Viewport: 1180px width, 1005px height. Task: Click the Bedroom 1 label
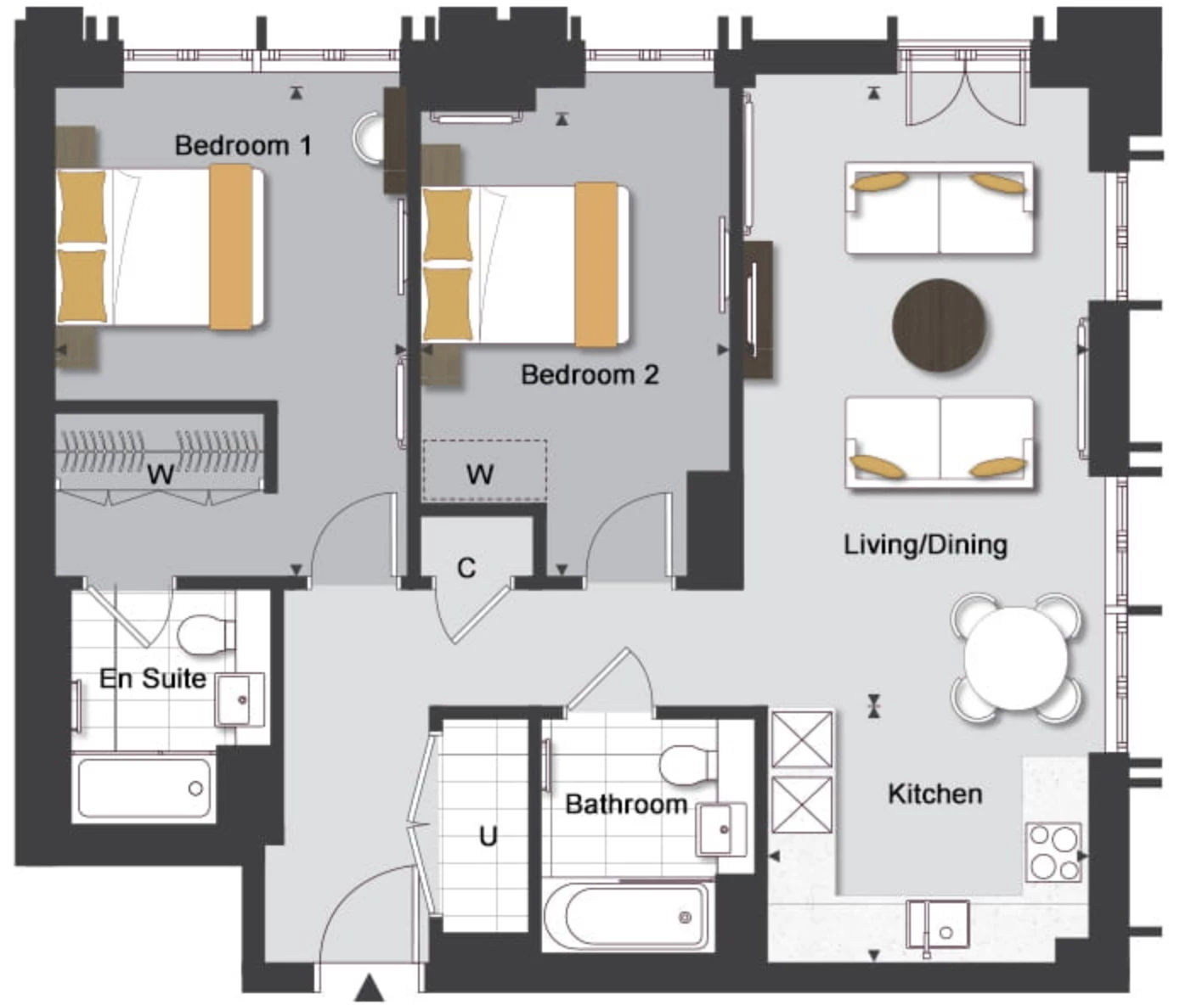tap(243, 145)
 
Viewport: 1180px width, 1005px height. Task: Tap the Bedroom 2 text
tap(590, 374)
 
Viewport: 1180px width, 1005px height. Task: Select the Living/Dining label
tap(925, 545)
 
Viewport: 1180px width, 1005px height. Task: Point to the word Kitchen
tap(935, 794)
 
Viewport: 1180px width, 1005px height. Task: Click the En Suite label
tap(152, 678)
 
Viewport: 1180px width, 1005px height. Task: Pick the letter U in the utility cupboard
tap(488, 837)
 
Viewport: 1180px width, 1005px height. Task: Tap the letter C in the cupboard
tap(466, 568)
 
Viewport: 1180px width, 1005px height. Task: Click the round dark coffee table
tap(939, 325)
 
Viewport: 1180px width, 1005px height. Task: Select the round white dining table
tap(1016, 658)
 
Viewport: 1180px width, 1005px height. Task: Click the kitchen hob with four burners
tap(1053, 852)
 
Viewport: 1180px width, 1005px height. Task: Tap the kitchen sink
tap(937, 929)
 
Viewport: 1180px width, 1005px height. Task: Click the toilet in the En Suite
tap(206, 633)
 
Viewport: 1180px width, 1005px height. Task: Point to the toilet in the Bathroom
tap(688, 763)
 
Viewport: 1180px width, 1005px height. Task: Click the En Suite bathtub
tap(144, 788)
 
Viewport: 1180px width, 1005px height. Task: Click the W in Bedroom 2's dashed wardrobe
tap(480, 474)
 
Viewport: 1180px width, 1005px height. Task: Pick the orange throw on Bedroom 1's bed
tap(231, 247)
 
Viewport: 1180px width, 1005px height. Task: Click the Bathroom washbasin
tap(721, 829)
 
